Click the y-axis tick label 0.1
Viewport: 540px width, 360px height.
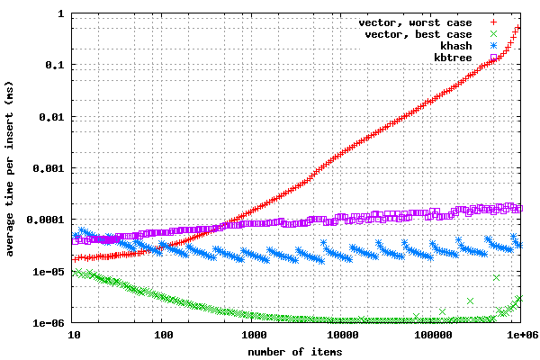[55, 65]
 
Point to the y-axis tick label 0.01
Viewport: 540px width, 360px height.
[51, 117]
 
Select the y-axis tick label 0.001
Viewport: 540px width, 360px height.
[49, 168]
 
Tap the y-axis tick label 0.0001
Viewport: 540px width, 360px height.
[46, 220]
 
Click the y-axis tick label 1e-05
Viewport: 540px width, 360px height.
[49, 272]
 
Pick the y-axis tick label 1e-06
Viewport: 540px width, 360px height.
[49, 323]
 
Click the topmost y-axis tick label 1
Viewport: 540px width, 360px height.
[61, 13]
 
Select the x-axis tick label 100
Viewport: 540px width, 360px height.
[163, 335]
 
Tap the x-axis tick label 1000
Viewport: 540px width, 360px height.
[254, 335]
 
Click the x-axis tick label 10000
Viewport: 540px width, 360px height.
[343, 335]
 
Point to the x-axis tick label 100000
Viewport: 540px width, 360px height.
[433, 335]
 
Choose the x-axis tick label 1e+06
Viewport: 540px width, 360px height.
[522, 335]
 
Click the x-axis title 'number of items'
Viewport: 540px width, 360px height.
[295, 352]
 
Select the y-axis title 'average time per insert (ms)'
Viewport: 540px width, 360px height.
[9, 169]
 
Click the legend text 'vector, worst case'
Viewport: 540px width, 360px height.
[415, 22]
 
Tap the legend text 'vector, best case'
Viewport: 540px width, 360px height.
[418, 34]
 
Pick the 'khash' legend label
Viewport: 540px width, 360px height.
[456, 46]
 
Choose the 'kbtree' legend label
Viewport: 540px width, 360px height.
[453, 58]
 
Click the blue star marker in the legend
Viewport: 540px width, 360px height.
[493, 46]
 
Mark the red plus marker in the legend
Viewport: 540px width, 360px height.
[493, 22]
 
